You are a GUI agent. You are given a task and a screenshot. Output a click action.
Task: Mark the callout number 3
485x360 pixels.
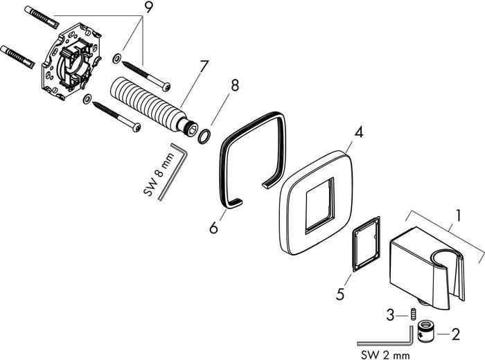392,315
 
